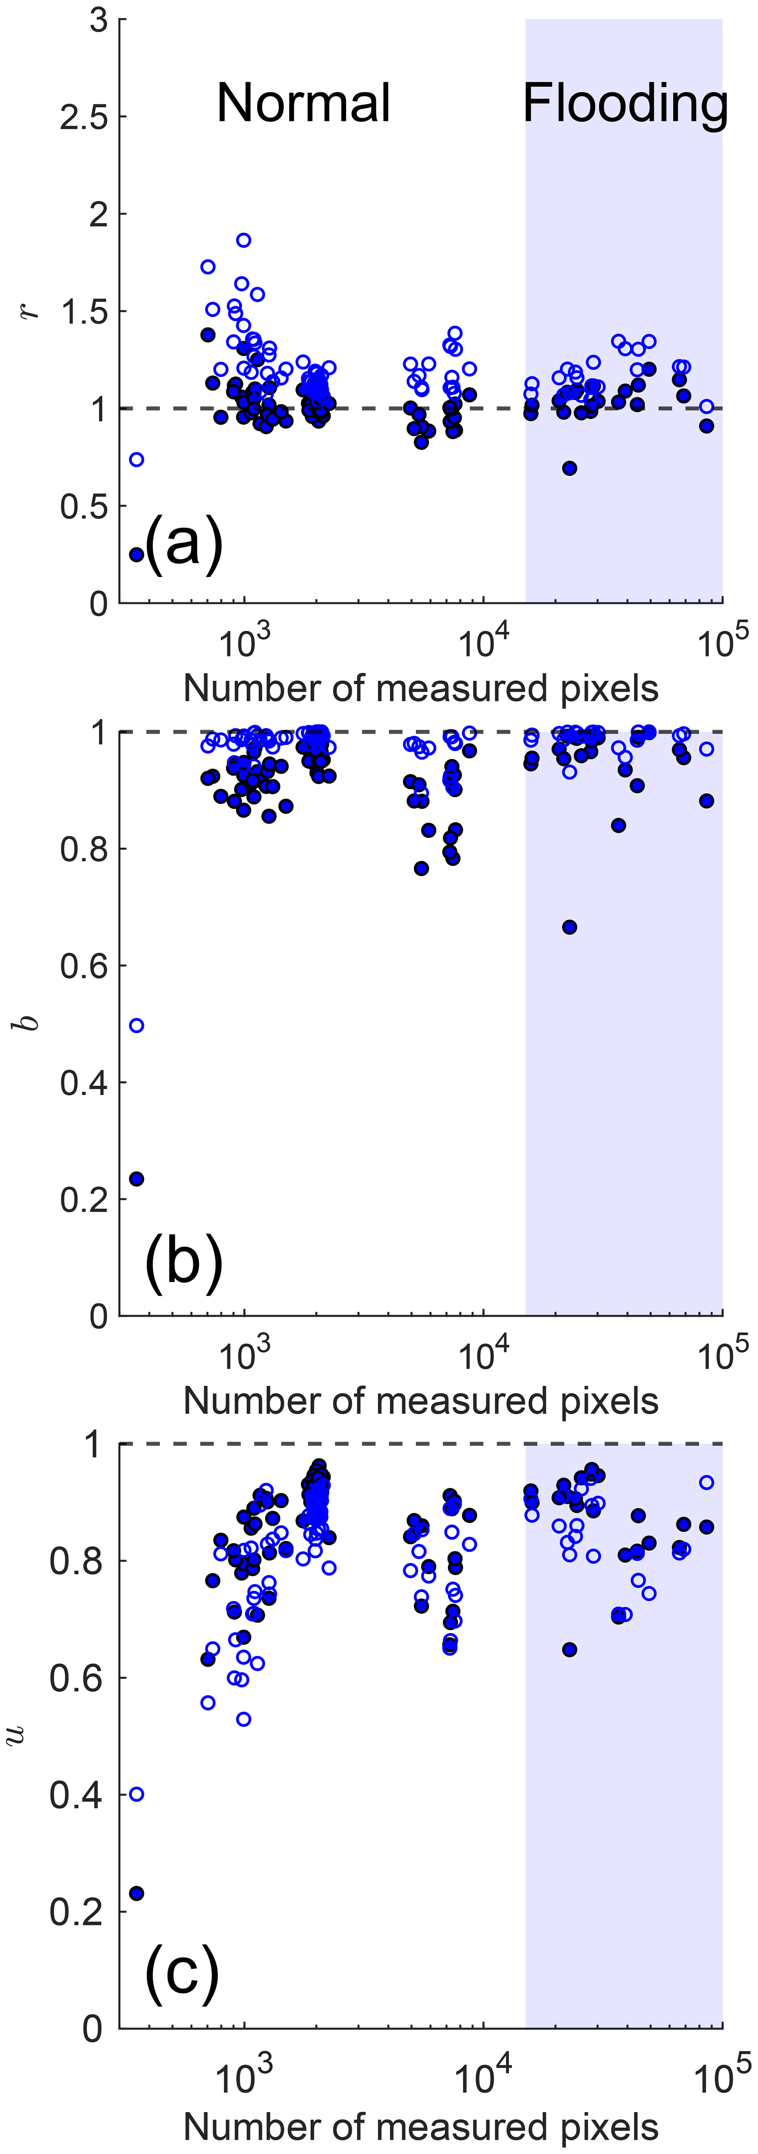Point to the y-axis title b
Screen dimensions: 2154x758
(x=30, y=1022)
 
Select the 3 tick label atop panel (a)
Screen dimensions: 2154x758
(x=99, y=20)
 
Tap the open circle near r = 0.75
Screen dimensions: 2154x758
(x=136, y=459)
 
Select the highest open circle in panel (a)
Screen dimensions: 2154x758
(x=243, y=240)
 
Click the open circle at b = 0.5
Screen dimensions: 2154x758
(x=136, y=1025)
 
